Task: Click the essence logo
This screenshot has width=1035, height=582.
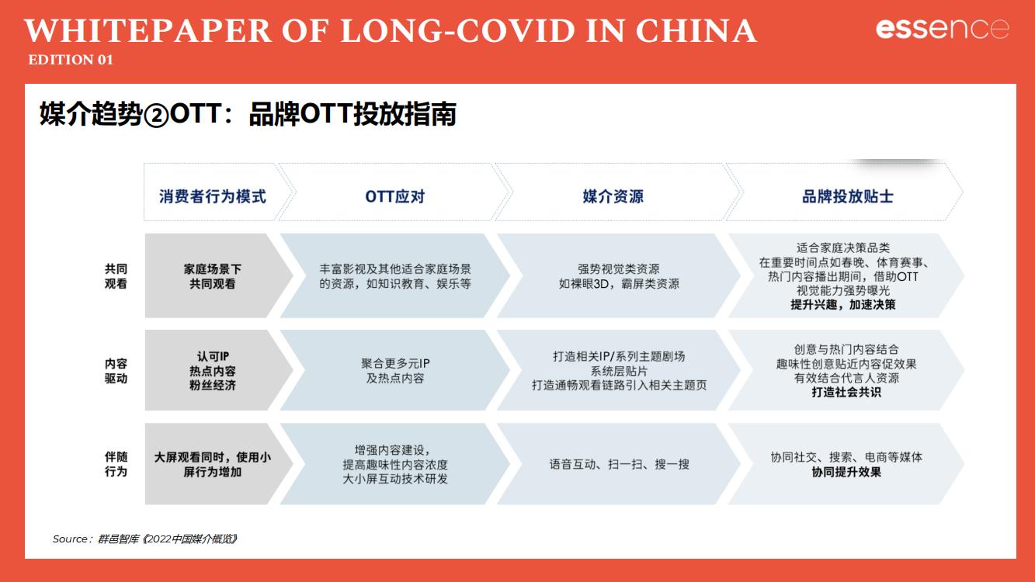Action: pyautogui.click(x=942, y=29)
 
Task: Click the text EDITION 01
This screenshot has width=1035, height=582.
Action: pyautogui.click(x=71, y=60)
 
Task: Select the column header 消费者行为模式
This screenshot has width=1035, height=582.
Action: pyautogui.click(x=213, y=196)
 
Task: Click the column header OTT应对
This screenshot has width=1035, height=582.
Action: pyautogui.click(x=394, y=196)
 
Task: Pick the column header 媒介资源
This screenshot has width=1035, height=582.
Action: pyautogui.click(x=613, y=196)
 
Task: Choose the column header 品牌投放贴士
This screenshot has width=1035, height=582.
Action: pyautogui.click(x=847, y=196)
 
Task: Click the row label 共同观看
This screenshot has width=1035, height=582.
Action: pyautogui.click(x=116, y=276)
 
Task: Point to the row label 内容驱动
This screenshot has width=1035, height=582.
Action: pyautogui.click(x=116, y=371)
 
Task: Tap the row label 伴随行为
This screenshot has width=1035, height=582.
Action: pyautogui.click(x=116, y=464)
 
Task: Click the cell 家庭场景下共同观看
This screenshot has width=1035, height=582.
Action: pyautogui.click(x=213, y=276)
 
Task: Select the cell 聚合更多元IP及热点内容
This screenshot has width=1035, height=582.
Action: pyautogui.click(x=395, y=371)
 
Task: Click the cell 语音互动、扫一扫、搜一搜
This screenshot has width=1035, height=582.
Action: pyautogui.click(x=619, y=464)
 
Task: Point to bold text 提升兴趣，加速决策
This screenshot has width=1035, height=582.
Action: pyautogui.click(x=842, y=305)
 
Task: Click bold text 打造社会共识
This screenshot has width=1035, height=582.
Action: pyautogui.click(x=846, y=392)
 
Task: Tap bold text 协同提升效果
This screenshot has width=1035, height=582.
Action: pyautogui.click(x=846, y=471)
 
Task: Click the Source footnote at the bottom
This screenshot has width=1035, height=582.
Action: pyautogui.click(x=144, y=539)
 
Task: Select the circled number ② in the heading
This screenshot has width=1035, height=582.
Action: pyautogui.click(x=155, y=116)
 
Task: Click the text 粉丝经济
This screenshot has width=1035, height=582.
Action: pyautogui.click(x=213, y=385)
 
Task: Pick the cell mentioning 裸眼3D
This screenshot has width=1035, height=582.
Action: pyautogui.click(x=619, y=276)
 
